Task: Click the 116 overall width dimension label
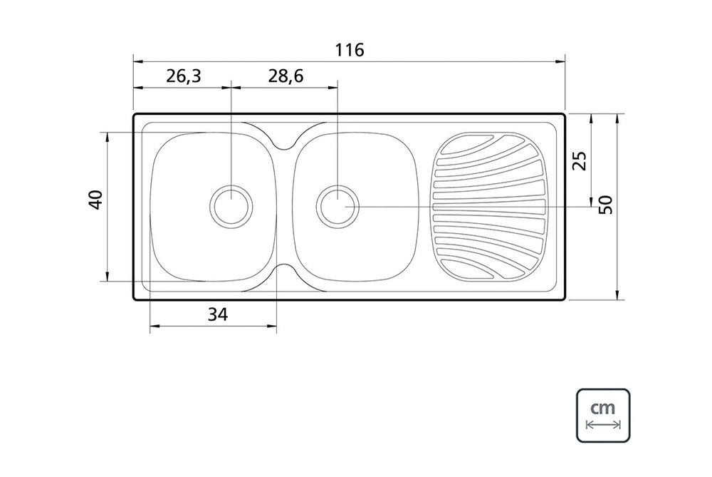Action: pos(350,50)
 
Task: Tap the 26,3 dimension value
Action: pos(183,76)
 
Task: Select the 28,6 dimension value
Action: pos(286,76)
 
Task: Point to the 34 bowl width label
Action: pos(218,314)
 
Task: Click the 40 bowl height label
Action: pos(96,200)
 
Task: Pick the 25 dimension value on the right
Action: pos(580,160)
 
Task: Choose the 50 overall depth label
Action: pos(606,204)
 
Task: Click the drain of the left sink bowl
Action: pos(231,205)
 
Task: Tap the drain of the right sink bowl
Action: pos(337,206)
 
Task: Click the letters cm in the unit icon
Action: pos(603,407)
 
